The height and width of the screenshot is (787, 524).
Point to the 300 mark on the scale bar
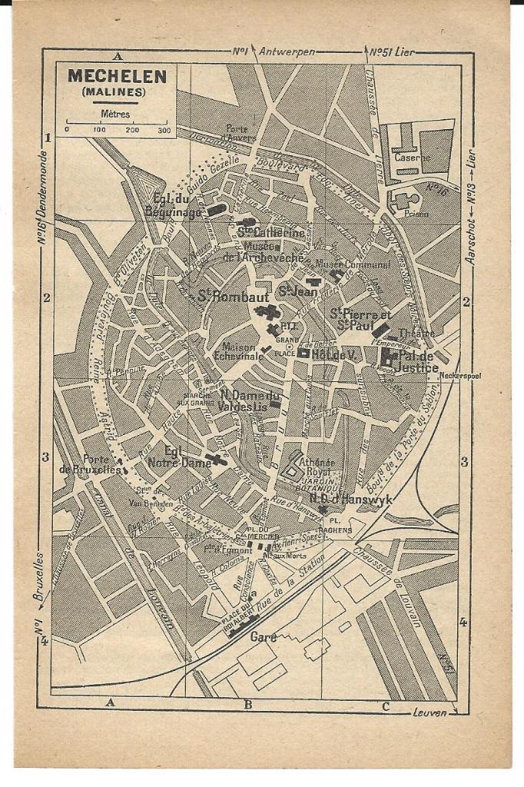164,130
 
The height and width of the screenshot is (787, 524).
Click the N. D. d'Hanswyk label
354,500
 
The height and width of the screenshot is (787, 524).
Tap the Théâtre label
416,334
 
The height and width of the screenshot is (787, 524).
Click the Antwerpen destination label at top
287,51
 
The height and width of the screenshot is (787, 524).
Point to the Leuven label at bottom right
429,713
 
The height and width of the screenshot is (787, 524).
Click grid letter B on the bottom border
247,704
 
